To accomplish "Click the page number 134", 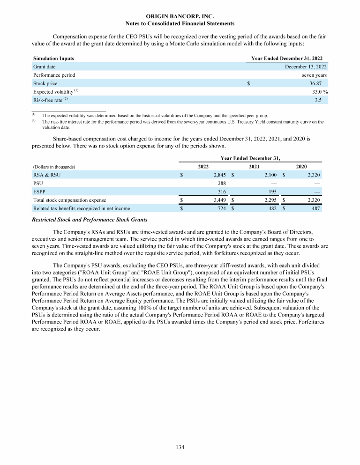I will [180, 447].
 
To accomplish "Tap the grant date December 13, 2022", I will [306, 66].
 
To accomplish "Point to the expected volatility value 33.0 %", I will [317, 92].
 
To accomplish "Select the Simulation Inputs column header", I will [53, 59].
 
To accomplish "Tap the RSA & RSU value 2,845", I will [219, 175].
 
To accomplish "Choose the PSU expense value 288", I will [222, 183].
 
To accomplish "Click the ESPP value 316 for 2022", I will [222, 192].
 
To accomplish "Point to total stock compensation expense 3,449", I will [219, 200].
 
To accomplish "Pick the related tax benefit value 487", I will [315, 208].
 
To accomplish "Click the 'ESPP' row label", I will [39, 192].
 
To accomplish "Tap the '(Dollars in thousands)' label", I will [54, 167].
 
